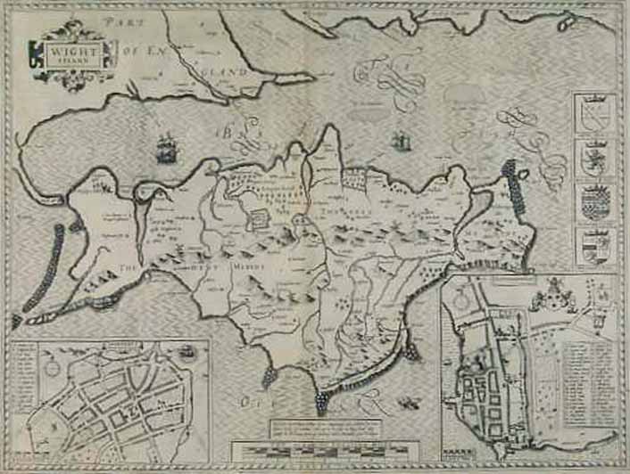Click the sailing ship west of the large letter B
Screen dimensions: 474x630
pos(166,148)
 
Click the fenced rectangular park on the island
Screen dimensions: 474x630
pos(256,218)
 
